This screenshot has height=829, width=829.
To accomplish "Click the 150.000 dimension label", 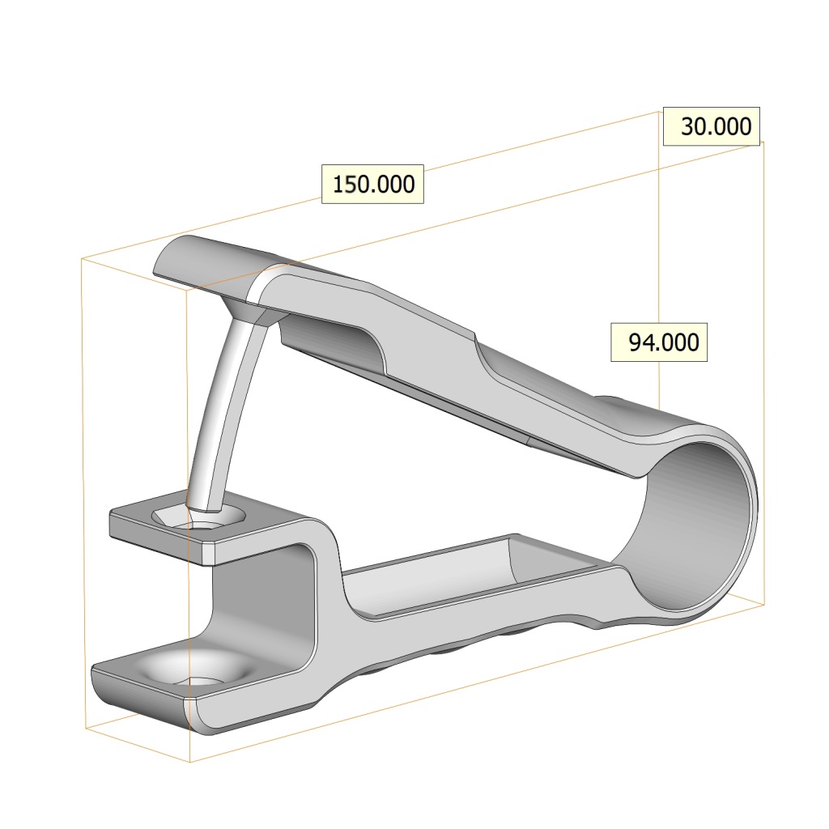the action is (x=372, y=184).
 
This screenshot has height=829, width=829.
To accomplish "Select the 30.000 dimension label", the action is (x=711, y=126).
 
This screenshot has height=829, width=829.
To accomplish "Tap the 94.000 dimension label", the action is (x=659, y=342).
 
